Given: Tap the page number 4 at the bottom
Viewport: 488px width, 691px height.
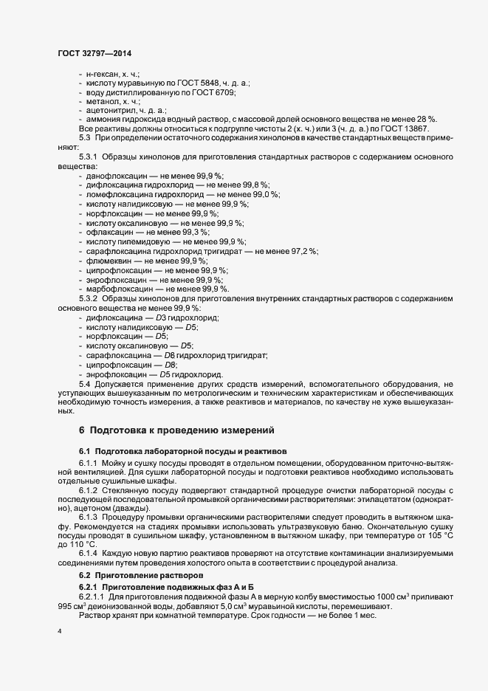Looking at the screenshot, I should [x=59, y=632].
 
